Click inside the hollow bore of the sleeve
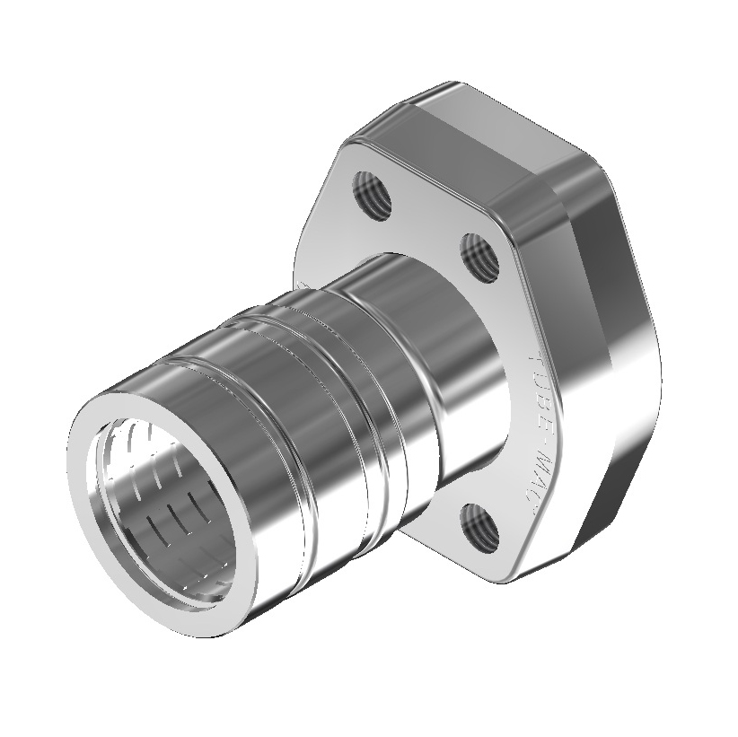pyautogui.click(x=171, y=503)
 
